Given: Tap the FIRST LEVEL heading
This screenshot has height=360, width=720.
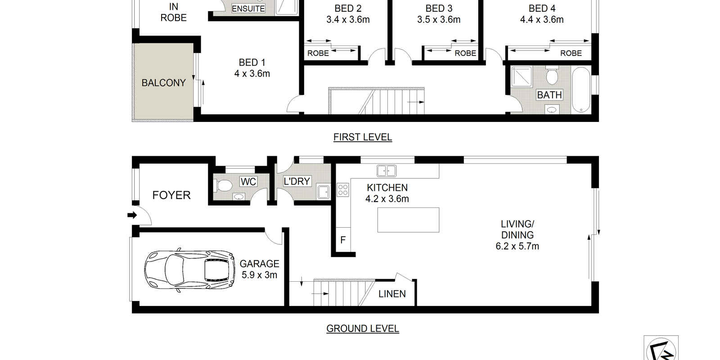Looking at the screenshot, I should click(x=362, y=137).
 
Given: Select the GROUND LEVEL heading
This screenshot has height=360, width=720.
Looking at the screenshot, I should click(x=362, y=329).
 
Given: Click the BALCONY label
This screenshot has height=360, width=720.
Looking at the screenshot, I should click(x=163, y=83).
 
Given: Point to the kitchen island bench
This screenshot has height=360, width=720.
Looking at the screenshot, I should click(x=408, y=220).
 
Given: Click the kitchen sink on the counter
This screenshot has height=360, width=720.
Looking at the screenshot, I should click(x=387, y=171).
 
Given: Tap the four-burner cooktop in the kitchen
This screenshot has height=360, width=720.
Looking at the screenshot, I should click(x=343, y=190).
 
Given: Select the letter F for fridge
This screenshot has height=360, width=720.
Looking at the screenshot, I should click(x=343, y=240).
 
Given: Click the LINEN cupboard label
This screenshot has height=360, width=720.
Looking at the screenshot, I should click(x=392, y=294).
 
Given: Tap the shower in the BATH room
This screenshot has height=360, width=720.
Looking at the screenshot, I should click(x=522, y=76).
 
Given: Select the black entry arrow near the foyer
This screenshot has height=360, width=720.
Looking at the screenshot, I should click(x=132, y=215).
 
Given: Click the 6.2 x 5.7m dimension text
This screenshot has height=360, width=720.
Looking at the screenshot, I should click(x=517, y=246).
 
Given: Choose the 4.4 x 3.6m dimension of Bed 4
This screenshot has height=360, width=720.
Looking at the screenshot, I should click(x=541, y=20).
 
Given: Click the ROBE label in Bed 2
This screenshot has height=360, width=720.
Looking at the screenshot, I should click(x=318, y=53).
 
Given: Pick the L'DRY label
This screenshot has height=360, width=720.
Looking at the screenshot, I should click(x=297, y=181).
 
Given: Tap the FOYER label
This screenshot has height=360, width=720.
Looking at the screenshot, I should click(x=171, y=195).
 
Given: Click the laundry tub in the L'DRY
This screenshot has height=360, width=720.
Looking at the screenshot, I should click(x=323, y=191).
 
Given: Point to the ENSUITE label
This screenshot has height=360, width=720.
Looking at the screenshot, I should click(x=248, y=9).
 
